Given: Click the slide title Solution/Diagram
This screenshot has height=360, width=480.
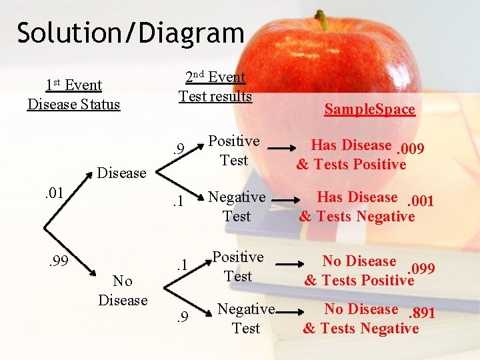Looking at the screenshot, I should point(131,32).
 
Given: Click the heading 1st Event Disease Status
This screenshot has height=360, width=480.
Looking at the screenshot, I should point(73,95).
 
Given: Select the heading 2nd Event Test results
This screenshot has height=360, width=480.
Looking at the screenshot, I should point(215,87).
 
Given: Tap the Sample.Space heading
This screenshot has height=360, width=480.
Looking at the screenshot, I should point(369,109).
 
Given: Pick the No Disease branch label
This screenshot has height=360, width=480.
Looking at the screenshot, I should point(122,291).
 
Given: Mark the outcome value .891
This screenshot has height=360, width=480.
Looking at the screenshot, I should point(421,313).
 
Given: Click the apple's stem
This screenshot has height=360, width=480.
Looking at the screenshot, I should point(323,20).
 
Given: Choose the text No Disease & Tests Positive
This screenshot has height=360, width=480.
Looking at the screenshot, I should point(359,271).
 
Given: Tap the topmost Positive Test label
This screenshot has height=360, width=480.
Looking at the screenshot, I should point(233,151).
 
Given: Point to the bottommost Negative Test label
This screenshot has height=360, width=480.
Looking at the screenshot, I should point(246,318).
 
